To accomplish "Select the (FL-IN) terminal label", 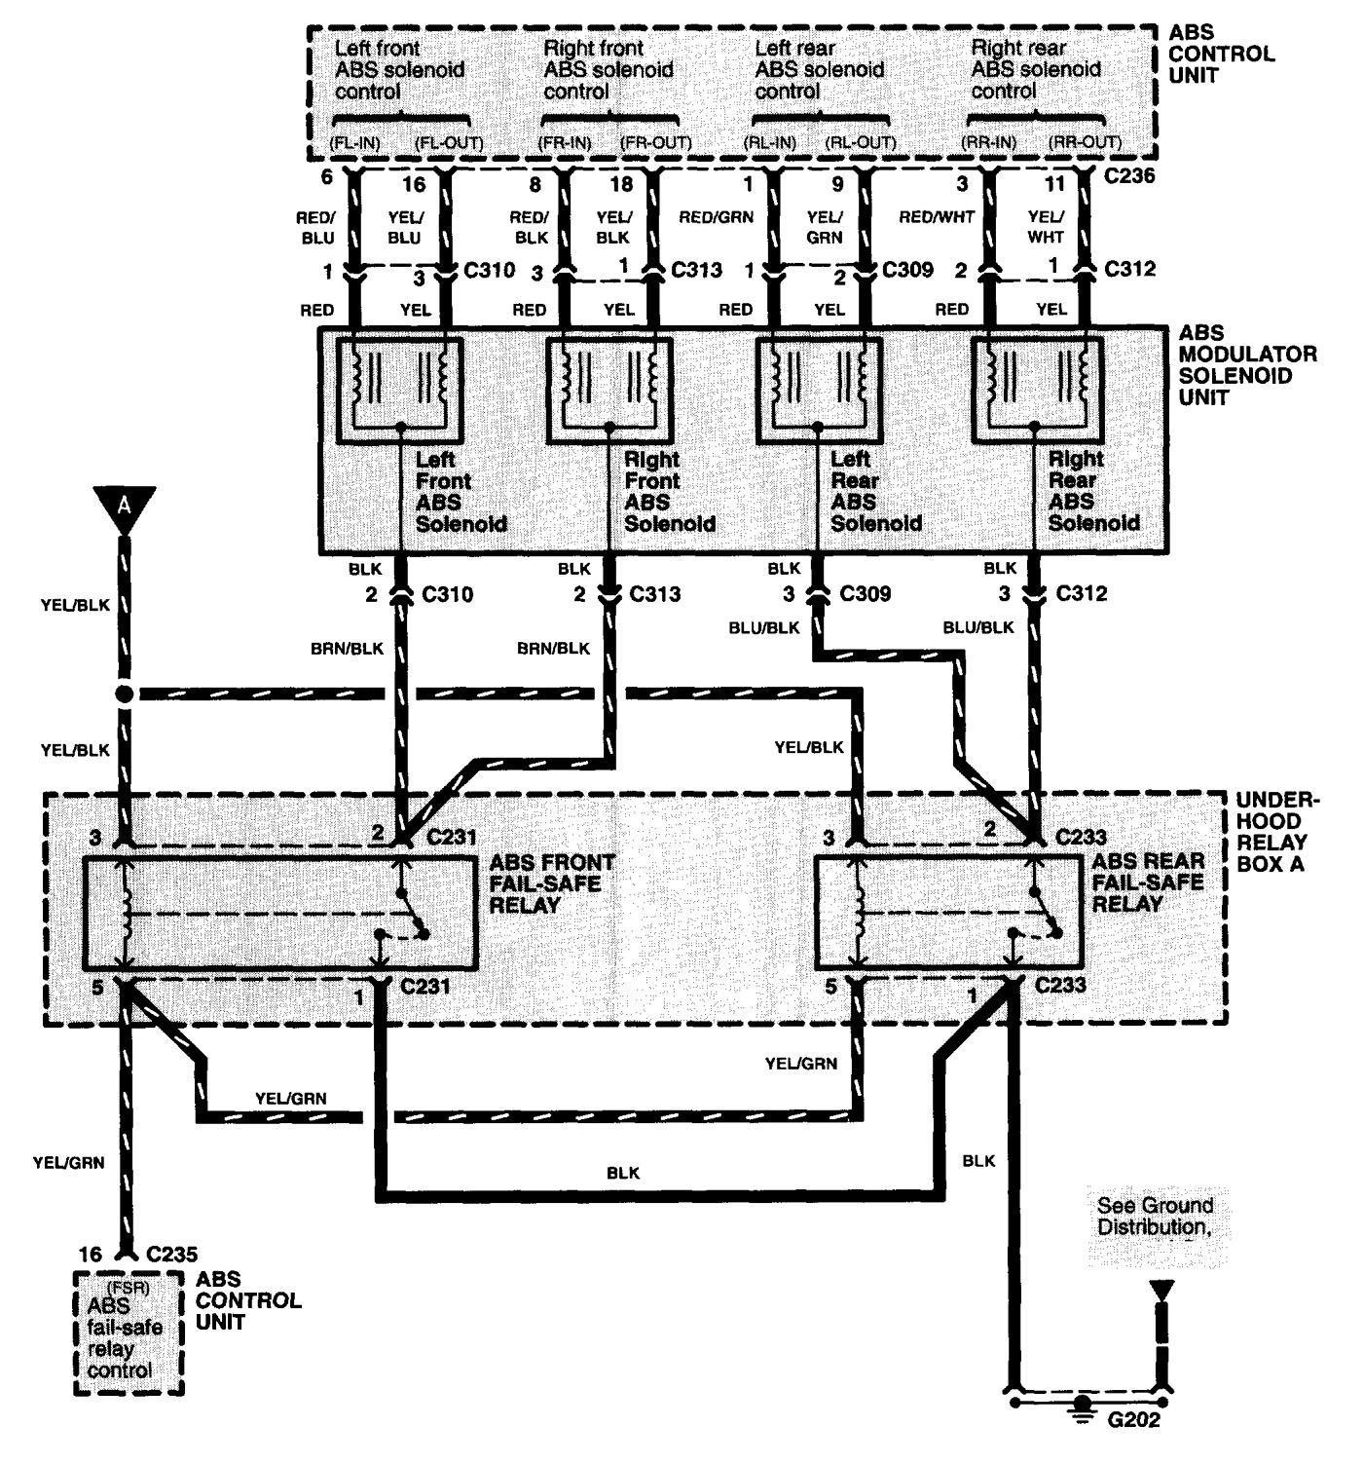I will tap(355, 143).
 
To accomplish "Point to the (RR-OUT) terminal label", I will tap(1086, 142).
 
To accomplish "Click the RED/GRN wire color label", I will tap(717, 217).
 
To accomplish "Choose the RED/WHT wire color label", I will tap(937, 217).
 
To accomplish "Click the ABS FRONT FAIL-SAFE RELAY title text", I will tap(552, 883).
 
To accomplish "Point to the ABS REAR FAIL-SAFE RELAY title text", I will tap(1148, 882).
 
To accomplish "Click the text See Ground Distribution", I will tap(1154, 1217).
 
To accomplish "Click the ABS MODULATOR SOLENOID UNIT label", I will tap(1246, 365).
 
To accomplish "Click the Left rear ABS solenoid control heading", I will tap(819, 69).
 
